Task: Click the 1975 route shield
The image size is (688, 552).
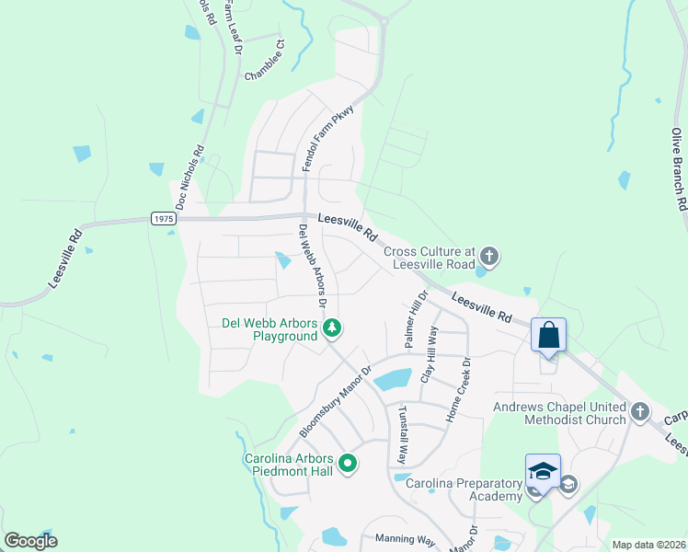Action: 163,218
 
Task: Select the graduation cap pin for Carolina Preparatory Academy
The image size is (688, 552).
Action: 543,471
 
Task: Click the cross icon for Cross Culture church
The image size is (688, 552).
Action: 488,257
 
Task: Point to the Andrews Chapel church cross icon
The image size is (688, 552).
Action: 640,410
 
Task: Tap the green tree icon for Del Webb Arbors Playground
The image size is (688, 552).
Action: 333,328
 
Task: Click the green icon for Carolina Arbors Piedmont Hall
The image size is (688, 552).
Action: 347,466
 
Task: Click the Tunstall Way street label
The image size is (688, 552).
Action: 402,433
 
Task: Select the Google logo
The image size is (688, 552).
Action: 30,540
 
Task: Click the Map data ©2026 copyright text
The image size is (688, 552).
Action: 648,545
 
